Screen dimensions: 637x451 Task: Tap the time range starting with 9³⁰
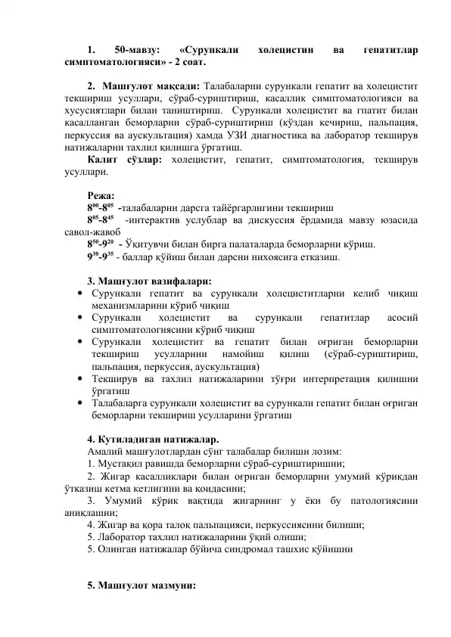(x=100, y=256)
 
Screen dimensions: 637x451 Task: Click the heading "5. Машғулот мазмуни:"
(x=141, y=586)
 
